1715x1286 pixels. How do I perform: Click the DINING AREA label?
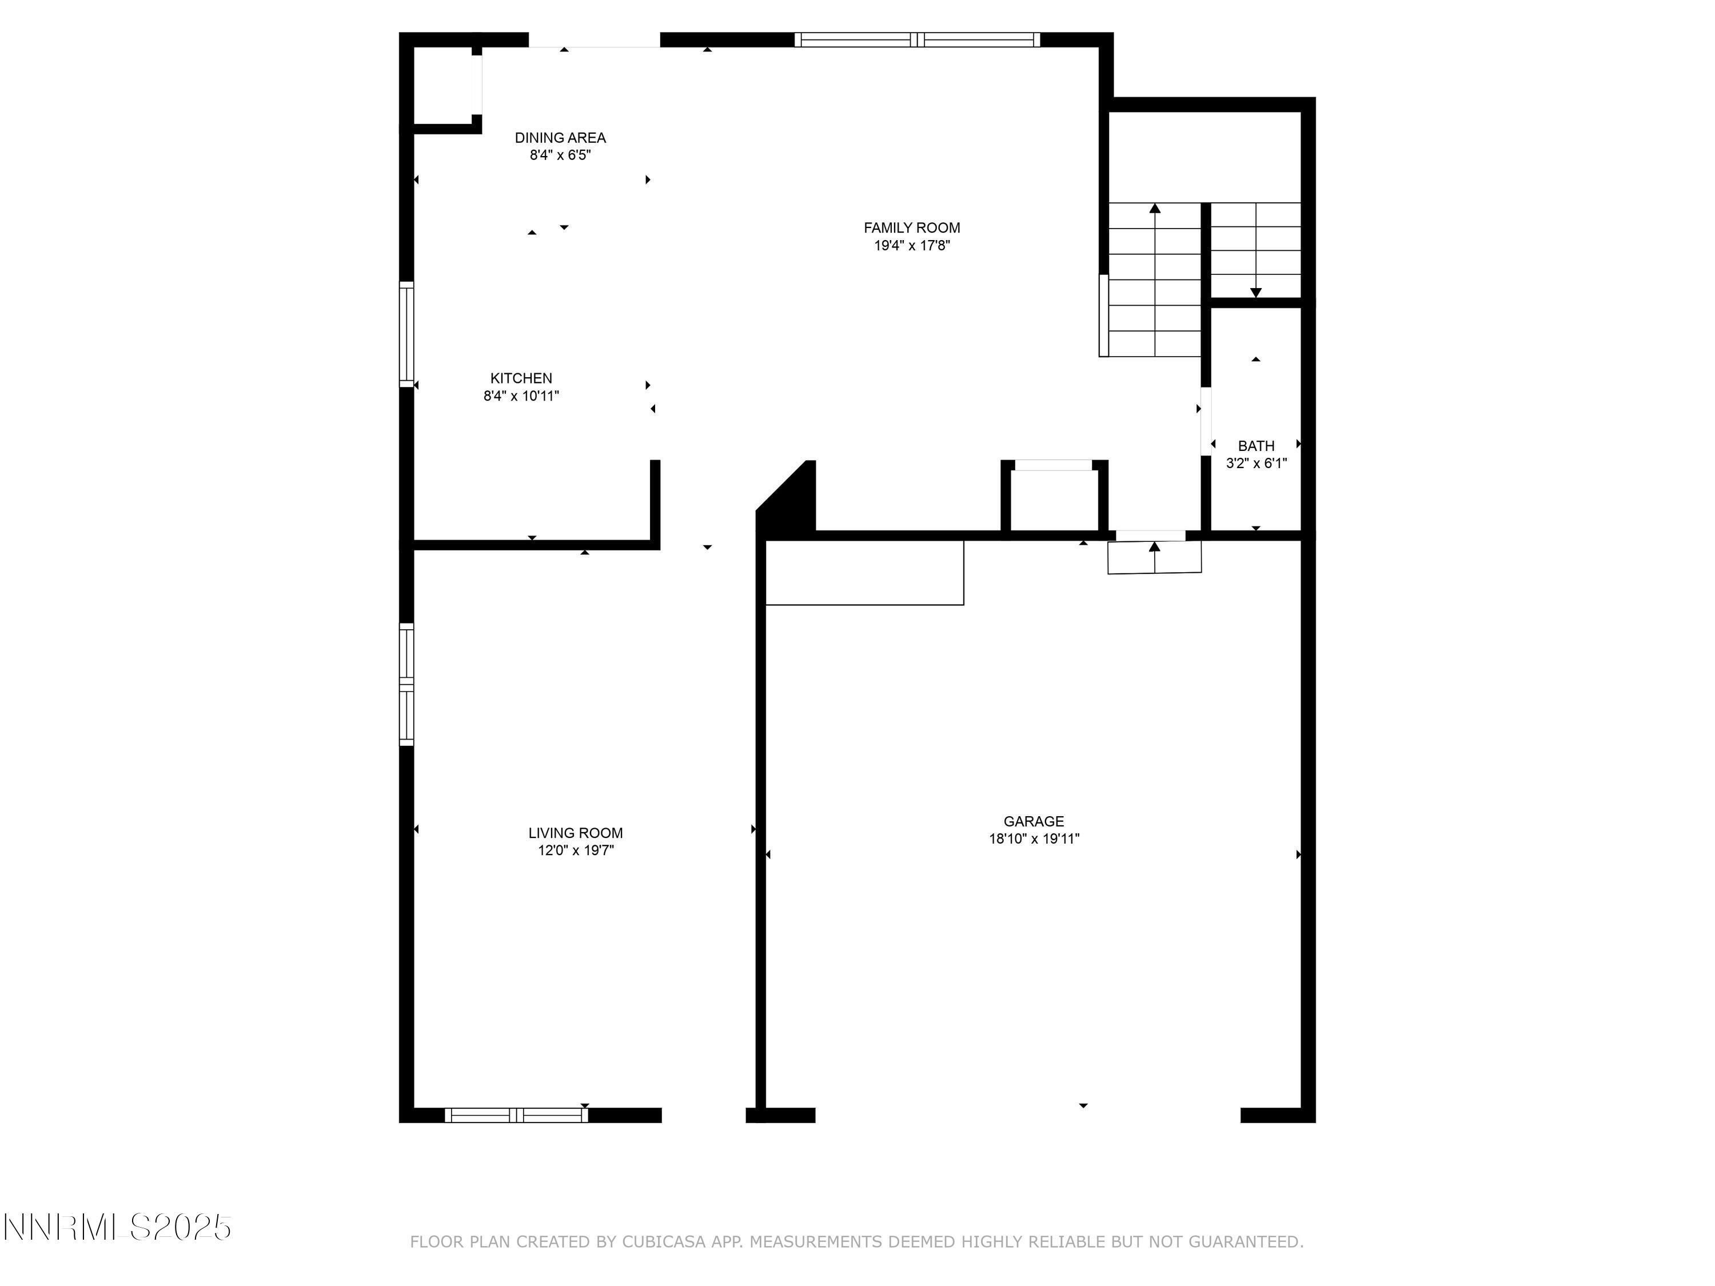[x=560, y=138]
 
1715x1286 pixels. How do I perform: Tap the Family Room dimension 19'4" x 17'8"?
[x=911, y=246]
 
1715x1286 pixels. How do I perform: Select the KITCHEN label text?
[x=521, y=378]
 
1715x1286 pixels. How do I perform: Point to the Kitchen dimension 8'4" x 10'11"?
[x=521, y=396]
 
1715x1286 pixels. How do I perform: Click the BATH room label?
[x=1255, y=446]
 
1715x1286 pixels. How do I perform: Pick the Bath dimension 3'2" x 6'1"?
[x=1255, y=464]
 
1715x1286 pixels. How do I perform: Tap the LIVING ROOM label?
[x=575, y=833]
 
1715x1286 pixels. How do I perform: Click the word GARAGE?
[x=1033, y=821]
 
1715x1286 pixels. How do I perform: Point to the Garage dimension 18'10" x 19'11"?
[x=1034, y=838]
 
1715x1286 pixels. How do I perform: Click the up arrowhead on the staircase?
[x=1154, y=207]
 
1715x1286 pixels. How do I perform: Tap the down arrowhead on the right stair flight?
[x=1255, y=292]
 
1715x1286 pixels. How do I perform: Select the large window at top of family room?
[x=916, y=39]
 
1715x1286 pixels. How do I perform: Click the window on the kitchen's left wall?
[x=406, y=334]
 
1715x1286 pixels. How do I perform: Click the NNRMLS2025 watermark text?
[x=117, y=1227]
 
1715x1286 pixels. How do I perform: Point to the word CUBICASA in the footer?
[x=663, y=1242]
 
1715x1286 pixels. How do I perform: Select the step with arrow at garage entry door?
[x=1154, y=557]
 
